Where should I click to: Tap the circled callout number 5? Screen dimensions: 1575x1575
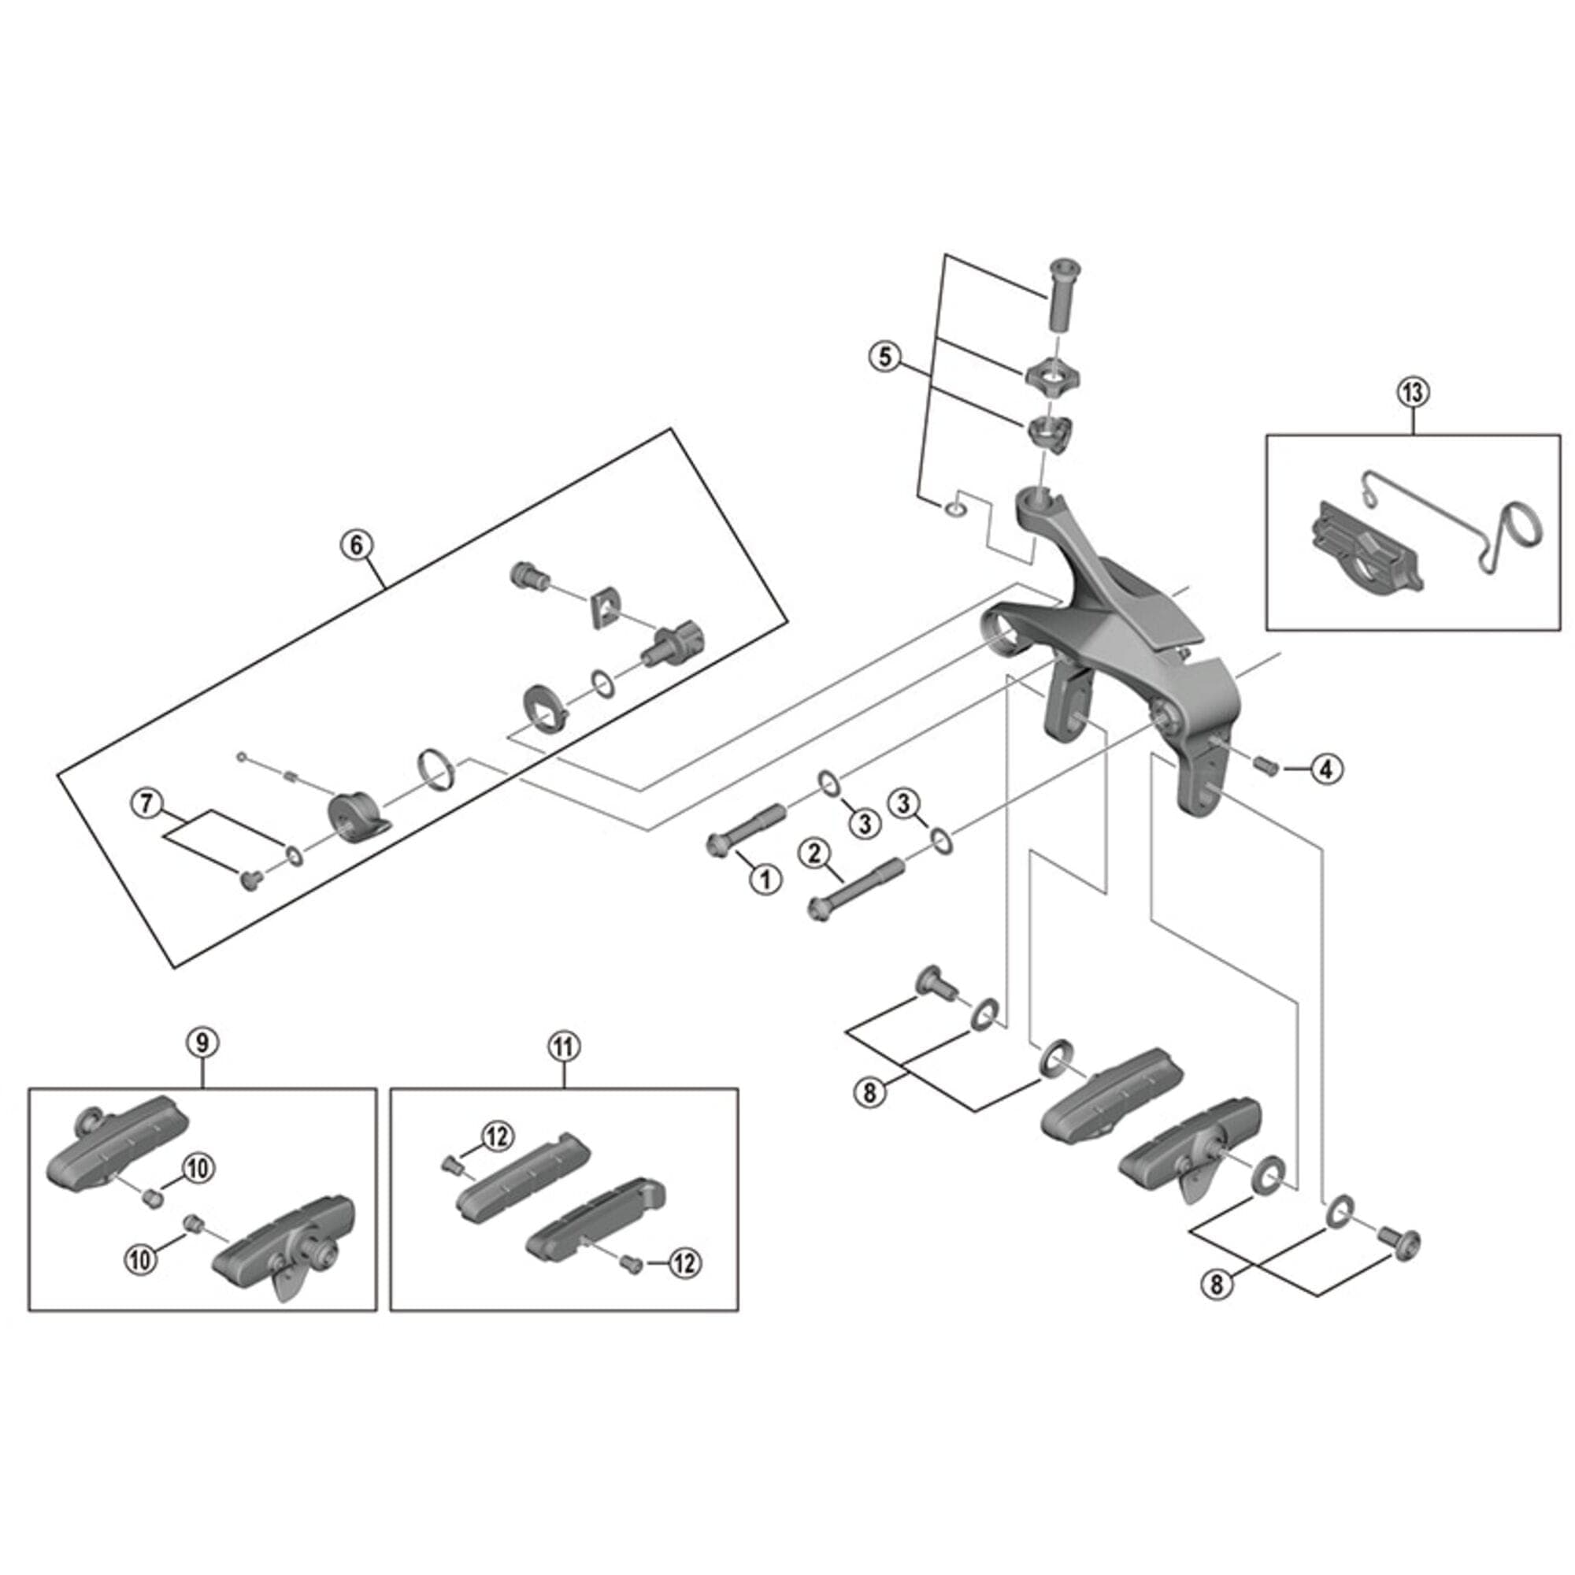coord(886,357)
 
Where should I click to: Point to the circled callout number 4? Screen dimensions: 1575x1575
coord(1326,768)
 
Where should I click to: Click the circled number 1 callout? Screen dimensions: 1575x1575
coord(765,878)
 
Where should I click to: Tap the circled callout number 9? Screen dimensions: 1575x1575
coord(202,1042)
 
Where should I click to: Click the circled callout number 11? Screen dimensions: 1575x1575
coord(564,1047)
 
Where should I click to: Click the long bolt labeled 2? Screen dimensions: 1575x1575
coord(856,889)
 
